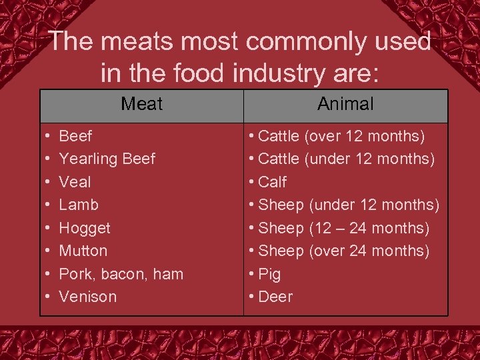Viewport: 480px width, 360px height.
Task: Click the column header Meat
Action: point(142,104)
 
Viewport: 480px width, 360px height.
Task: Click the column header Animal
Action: point(345,104)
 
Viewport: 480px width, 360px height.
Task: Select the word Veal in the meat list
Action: point(75,182)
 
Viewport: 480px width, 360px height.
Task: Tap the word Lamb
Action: point(78,205)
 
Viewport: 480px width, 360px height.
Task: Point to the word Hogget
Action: point(85,228)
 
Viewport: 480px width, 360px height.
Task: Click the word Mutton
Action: point(83,251)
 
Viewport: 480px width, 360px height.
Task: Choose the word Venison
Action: point(87,297)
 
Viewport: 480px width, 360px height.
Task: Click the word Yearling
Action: point(87,159)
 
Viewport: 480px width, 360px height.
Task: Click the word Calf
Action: point(272,182)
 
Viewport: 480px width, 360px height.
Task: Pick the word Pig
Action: point(269,274)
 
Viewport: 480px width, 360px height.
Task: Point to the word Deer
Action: point(275,297)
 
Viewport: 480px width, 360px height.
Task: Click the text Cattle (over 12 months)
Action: point(341,137)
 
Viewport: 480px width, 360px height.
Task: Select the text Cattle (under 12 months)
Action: point(346,159)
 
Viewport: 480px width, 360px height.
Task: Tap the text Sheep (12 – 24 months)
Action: point(343,228)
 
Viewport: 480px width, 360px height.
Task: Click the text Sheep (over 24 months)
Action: point(343,251)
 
